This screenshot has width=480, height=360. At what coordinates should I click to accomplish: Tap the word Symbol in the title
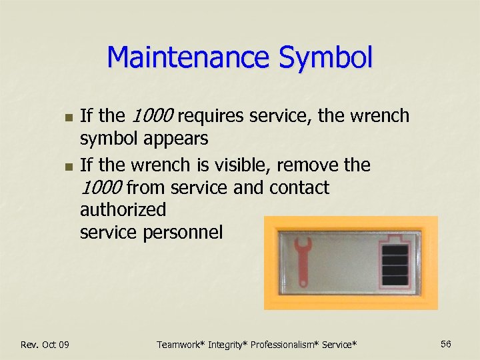[x=326, y=57]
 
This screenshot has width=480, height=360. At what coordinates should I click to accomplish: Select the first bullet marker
[x=66, y=117]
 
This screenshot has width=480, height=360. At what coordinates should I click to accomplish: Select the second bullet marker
[x=66, y=165]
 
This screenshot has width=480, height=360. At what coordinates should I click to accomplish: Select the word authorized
[x=123, y=210]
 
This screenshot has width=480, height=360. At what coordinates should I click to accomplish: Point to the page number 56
[x=446, y=343]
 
